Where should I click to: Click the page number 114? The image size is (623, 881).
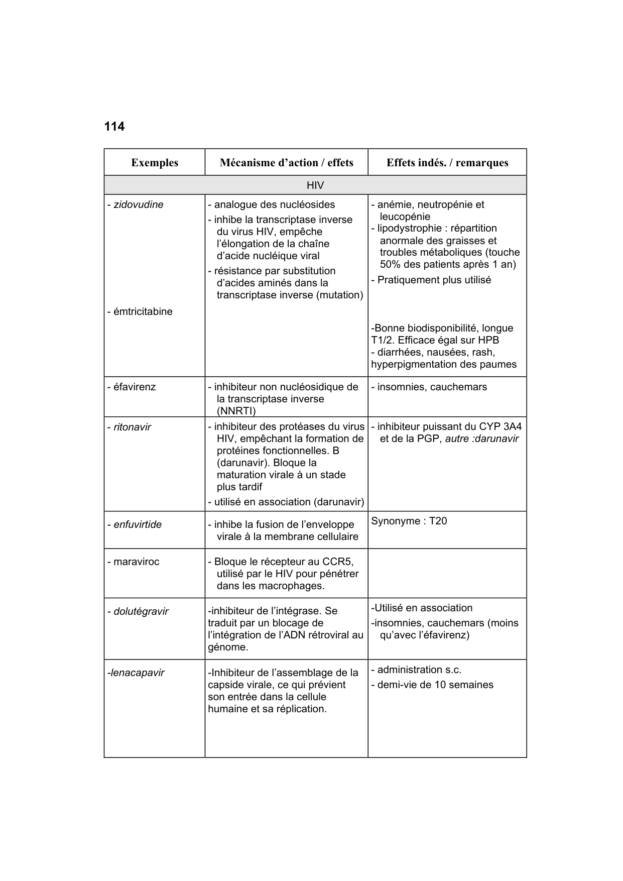[x=114, y=127]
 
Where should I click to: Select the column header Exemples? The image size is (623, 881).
[x=155, y=163]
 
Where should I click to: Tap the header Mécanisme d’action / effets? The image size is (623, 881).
[x=286, y=163]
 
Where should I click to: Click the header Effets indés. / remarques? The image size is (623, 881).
[x=447, y=163]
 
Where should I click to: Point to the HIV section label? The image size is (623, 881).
[x=315, y=185]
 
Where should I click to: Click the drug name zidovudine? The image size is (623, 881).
[x=138, y=205]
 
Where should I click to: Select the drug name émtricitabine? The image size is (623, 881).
[x=143, y=312]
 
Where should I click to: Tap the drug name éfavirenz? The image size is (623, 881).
[x=134, y=387]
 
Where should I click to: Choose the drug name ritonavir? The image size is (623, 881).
[x=132, y=427]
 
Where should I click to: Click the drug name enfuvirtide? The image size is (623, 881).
[x=137, y=525]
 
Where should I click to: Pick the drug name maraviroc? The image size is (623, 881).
[x=136, y=562]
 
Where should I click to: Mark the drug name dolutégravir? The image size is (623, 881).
[x=141, y=612]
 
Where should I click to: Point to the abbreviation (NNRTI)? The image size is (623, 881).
[x=236, y=411]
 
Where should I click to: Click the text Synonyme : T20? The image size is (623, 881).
[x=409, y=521]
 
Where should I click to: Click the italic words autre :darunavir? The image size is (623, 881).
[x=482, y=439]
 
